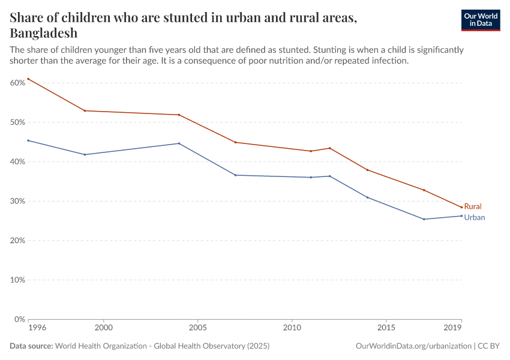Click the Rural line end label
coord(473,206)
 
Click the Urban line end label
coord(474,218)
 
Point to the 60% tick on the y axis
coord(17,83)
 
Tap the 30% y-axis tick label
coord(17,201)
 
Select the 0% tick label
coord(19,319)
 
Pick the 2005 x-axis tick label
coord(198,328)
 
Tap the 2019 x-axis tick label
coord(453,328)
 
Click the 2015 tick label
coord(386,328)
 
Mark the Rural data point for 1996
coord(28,79)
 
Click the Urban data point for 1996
coord(28,140)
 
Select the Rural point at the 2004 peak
coord(179,115)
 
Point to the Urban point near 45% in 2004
coord(179,143)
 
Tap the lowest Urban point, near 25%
coord(424,219)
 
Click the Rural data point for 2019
coord(461,208)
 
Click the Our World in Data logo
coord(480,20)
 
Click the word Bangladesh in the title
coord(44,33)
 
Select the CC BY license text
coord(489,346)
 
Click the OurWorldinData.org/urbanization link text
coord(413,346)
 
